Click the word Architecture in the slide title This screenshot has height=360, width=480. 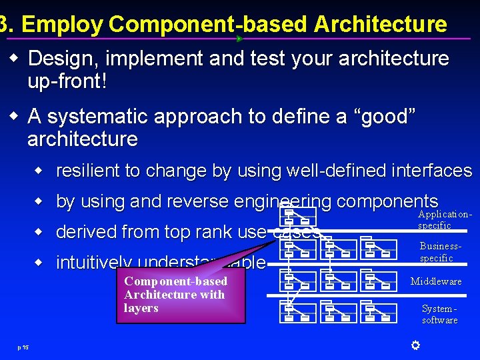click(380, 25)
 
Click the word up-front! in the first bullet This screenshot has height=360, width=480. click(67, 82)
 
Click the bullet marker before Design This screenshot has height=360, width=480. click(13, 59)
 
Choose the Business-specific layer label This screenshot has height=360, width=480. click(439, 252)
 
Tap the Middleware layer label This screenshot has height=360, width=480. click(436, 281)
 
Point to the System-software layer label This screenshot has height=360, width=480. click(439, 314)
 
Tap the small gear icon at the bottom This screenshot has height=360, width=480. click(415, 345)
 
